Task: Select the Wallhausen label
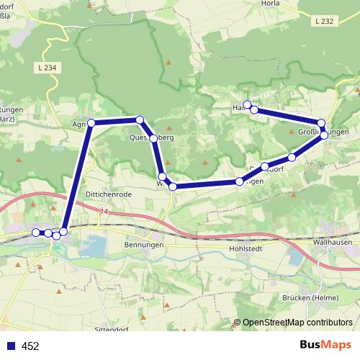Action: point(333,243)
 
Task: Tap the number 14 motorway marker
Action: point(104,212)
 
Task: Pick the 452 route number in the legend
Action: point(30,346)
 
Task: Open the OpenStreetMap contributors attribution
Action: point(297,323)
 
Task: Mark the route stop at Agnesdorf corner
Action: point(91,122)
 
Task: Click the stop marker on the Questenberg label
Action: point(153,138)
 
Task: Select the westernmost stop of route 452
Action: point(36,232)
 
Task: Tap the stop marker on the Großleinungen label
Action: point(324,135)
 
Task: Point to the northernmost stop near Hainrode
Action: point(247,105)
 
